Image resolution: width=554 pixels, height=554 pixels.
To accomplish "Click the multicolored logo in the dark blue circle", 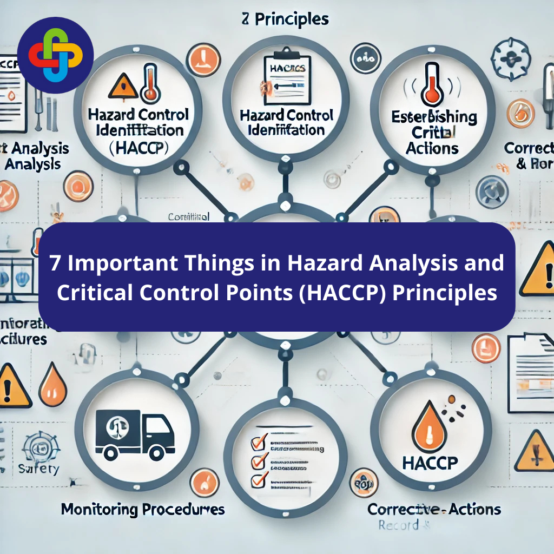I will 55,55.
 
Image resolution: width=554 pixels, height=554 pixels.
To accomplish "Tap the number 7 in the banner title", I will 55,263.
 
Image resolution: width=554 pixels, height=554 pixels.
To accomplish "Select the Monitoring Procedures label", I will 143,509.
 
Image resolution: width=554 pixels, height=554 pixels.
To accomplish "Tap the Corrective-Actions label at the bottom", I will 434,509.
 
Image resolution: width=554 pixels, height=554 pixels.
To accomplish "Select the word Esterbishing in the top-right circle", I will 435,118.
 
